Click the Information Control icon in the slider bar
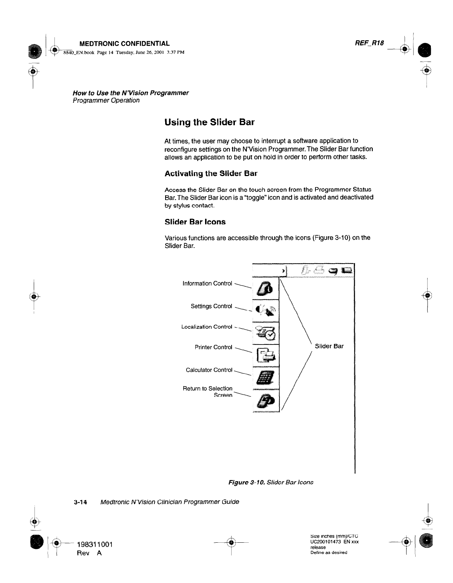pos(265,288)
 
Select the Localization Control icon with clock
pos(266,332)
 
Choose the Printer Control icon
pos(266,355)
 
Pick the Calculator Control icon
pos(266,378)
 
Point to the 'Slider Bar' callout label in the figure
pos(329,346)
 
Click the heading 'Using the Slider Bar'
pos(209,122)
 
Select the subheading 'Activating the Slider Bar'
pos(211,174)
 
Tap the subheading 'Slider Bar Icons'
pos(195,222)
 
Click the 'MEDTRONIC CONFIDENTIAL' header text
pos(124,44)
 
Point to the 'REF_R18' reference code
pos(369,43)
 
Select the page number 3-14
pos(80,502)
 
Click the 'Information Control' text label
pos(207,284)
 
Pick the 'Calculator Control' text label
pos(209,370)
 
